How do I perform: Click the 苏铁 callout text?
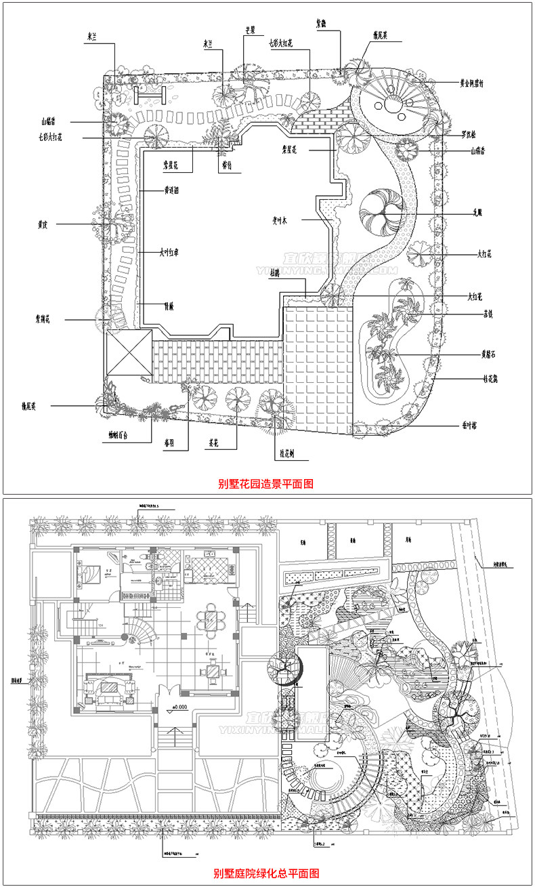[487, 314]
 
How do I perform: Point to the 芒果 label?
[249, 30]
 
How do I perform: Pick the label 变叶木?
[280, 219]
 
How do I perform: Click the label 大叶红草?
[169, 253]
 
